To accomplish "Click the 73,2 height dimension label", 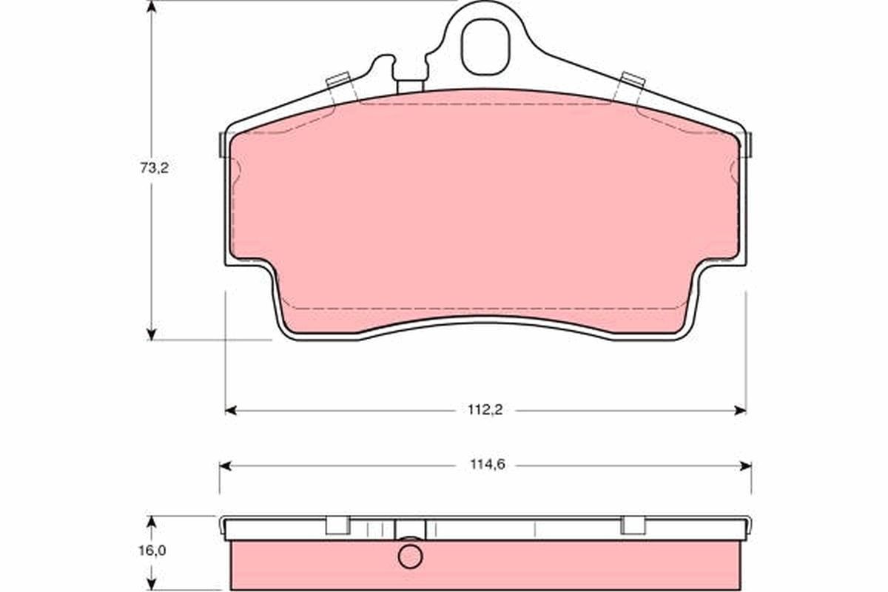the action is coord(155,168).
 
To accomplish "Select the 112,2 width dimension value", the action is coord(485,410).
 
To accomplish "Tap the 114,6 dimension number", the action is coord(488,465).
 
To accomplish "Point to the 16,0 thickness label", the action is coord(152,551).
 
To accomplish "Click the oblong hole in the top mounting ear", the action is coord(485,47).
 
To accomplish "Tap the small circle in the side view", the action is coord(410,556).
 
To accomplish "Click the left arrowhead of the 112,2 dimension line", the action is coord(231,411).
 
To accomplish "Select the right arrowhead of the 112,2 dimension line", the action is coord(740,411).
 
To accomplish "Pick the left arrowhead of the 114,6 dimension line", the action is coord(225,466).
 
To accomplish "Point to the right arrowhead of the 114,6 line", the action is coord(746,466).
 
